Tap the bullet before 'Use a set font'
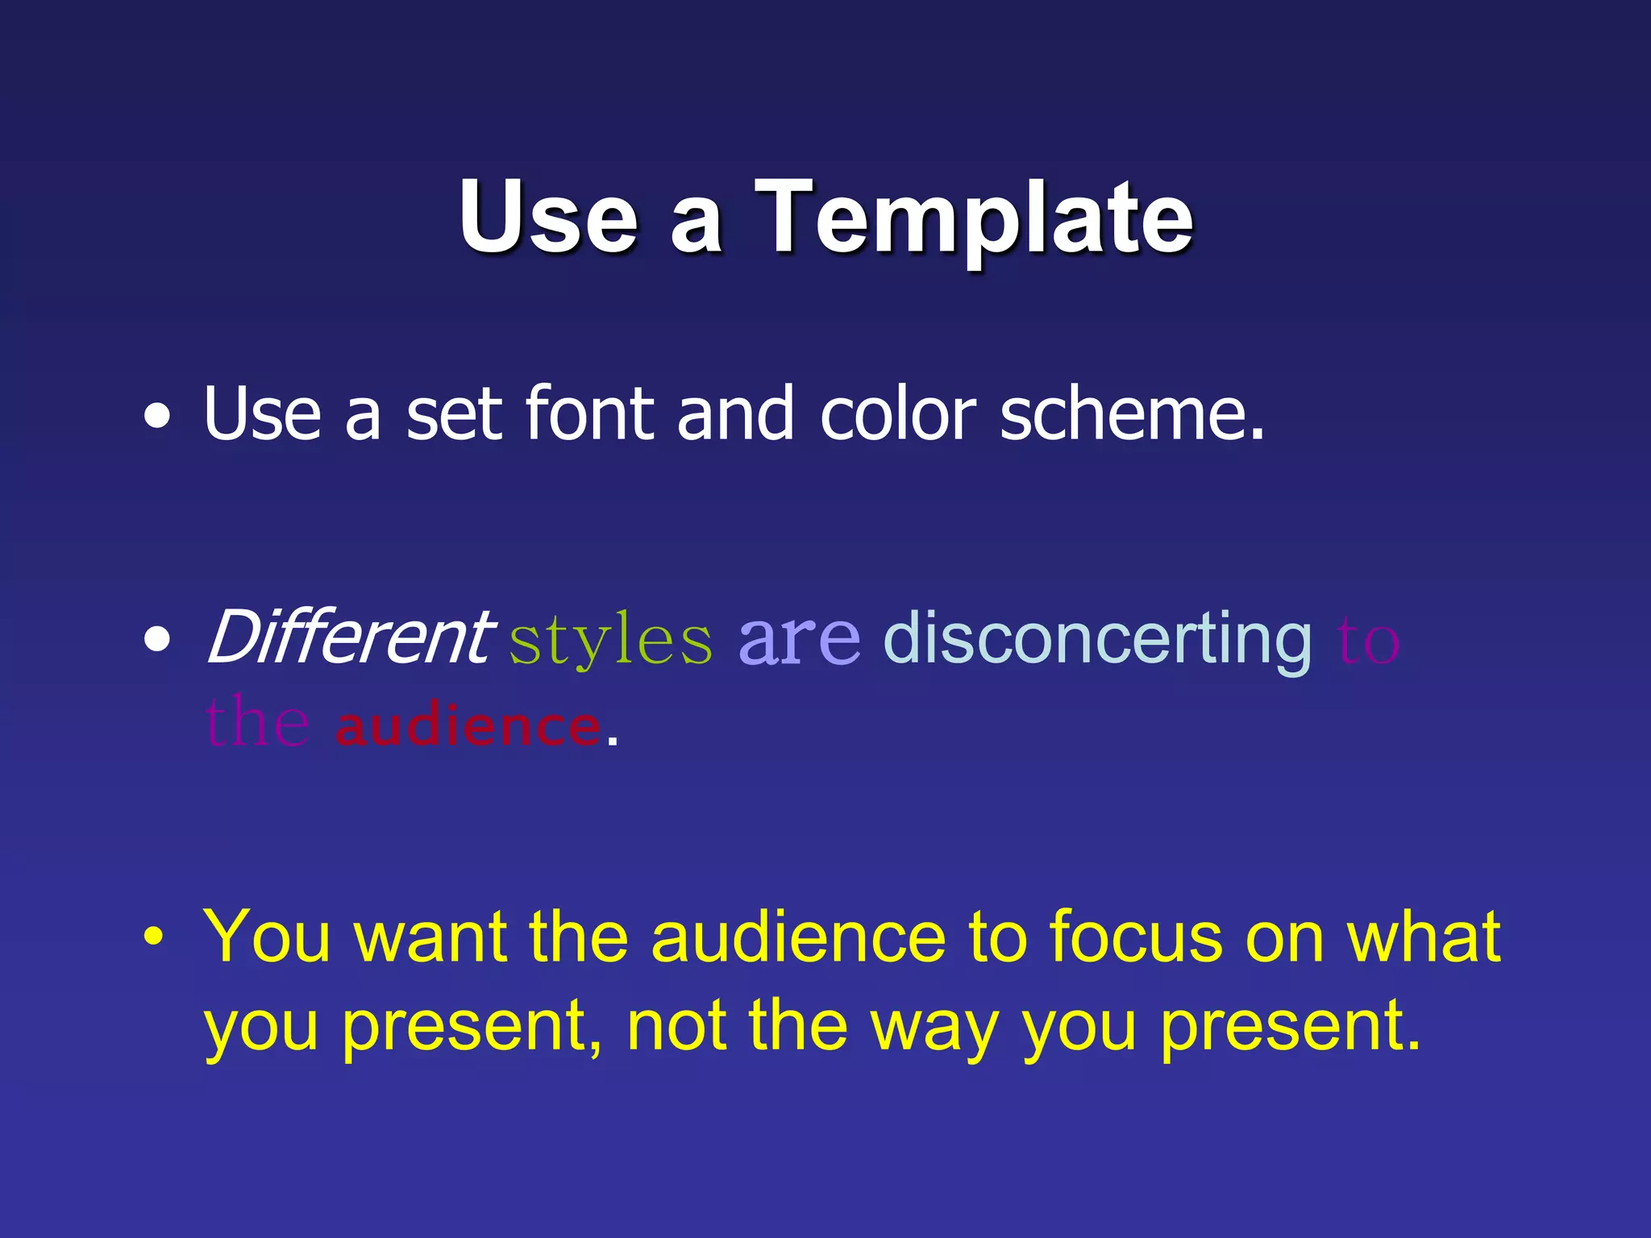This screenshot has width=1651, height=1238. pyautogui.click(x=157, y=417)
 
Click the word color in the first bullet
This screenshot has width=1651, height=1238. pyautogui.click(x=898, y=414)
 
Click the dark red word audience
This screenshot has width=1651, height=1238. pyautogui.click(x=468, y=725)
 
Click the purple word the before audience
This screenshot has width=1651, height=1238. pyautogui.click(x=257, y=722)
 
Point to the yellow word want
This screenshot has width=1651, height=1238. pyautogui.click(x=430, y=938)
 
